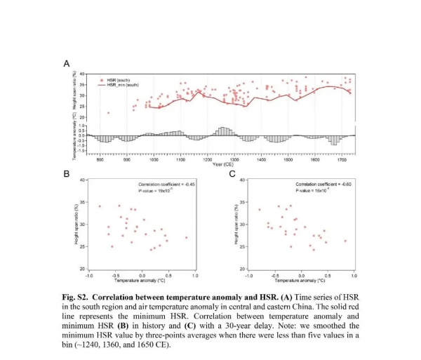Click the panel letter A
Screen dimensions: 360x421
(67, 64)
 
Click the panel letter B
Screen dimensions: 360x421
(67, 173)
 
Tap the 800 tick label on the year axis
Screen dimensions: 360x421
(100, 160)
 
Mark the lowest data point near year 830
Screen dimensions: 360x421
(108, 112)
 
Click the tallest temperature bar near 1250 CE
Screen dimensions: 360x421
(223, 131)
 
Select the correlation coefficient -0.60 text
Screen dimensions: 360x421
(326, 184)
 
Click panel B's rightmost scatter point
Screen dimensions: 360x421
(186, 237)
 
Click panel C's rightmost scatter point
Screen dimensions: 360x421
(345, 241)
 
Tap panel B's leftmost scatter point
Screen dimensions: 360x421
(100, 206)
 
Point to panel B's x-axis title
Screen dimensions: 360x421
(142, 280)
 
